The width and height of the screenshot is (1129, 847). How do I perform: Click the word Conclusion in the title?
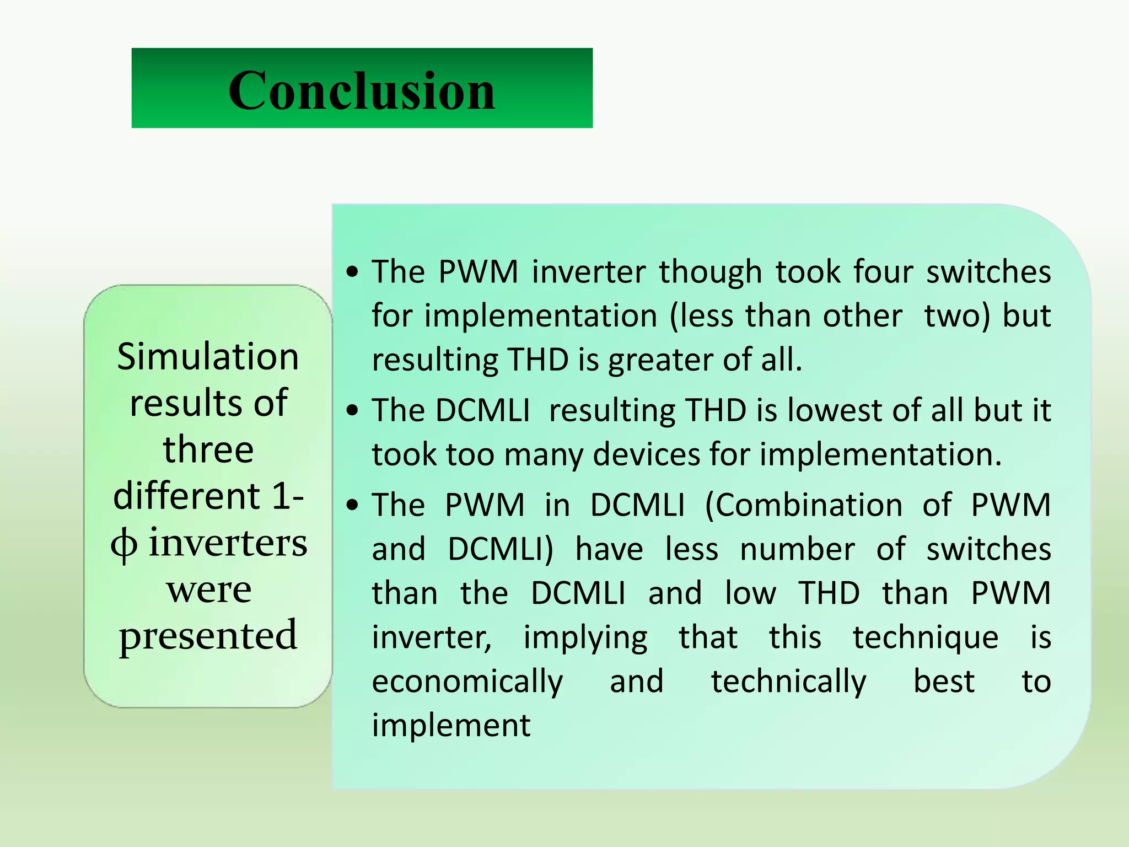[362, 90]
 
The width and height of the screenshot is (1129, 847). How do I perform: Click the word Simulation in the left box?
[208, 357]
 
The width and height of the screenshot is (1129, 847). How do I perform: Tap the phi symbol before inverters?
[124, 544]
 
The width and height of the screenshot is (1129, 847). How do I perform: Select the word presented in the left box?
[208, 636]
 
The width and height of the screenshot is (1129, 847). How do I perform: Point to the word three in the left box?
[208, 449]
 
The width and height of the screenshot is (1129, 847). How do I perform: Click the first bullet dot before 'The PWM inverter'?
[353, 271]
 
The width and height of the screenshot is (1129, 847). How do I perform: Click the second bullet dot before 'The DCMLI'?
[353, 410]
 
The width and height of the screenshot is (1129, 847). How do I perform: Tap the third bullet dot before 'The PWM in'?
[353, 505]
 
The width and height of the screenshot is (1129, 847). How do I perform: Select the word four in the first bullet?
[883, 271]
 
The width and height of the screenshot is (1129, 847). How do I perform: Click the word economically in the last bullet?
[467, 682]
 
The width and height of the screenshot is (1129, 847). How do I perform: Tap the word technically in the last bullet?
[788, 682]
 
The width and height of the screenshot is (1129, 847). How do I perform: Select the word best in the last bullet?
[944, 682]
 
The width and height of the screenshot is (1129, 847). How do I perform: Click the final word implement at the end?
[451, 726]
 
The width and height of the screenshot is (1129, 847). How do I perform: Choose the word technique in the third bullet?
[926, 637]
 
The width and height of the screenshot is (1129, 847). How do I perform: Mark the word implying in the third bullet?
[585, 637]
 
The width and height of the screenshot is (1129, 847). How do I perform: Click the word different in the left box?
[186, 496]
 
